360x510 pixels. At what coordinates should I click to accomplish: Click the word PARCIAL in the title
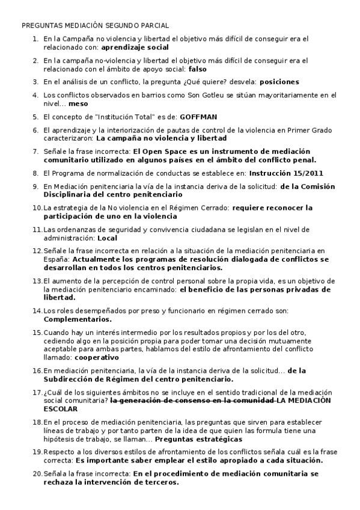coord(154,26)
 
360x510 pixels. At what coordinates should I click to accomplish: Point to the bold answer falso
coord(197,69)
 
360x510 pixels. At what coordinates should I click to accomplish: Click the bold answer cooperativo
coord(97,357)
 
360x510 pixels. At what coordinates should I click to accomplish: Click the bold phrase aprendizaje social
coord(135,46)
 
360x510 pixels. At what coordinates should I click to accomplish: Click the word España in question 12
coord(56,260)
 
